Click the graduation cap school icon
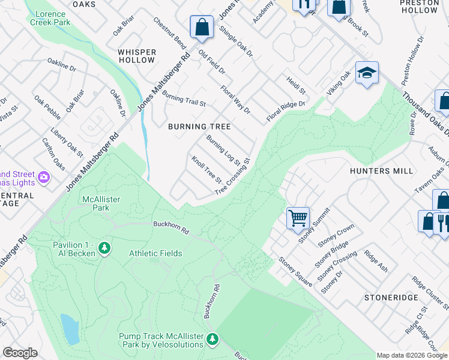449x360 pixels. click(367, 73)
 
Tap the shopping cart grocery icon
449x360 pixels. click(298, 218)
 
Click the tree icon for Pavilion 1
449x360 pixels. click(104, 248)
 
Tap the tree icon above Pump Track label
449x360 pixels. click(211, 340)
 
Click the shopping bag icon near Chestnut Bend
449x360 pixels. click(202, 27)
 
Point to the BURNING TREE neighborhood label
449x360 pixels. click(199, 127)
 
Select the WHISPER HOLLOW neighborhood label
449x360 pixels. click(137, 56)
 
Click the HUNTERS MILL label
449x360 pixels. click(382, 171)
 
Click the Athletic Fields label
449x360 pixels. click(155, 253)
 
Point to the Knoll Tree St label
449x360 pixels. click(206, 170)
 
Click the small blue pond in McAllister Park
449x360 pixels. click(69, 329)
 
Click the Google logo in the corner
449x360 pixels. click(20, 353)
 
